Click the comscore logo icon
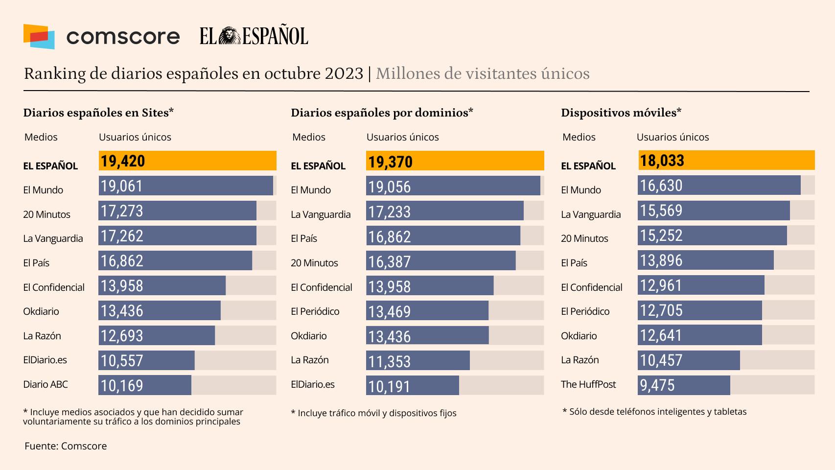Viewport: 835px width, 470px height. pyautogui.click(x=39, y=37)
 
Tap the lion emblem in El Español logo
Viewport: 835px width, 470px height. pyautogui.click(x=229, y=36)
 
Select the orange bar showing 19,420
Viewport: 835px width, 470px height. pyautogui.click(x=187, y=161)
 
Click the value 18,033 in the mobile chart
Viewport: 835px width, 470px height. pyautogui.click(x=662, y=161)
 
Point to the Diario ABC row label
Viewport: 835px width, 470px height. pyautogui.click(x=46, y=384)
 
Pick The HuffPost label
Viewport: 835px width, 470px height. pyautogui.click(x=588, y=384)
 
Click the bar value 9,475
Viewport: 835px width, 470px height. pyautogui.click(x=657, y=385)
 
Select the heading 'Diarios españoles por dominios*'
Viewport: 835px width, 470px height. pyautogui.click(x=382, y=113)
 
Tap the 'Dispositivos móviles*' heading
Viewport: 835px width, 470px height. pyautogui.click(x=621, y=113)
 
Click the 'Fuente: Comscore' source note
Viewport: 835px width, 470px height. pyautogui.click(x=66, y=446)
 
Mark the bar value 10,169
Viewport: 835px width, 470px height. pyautogui.click(x=122, y=386)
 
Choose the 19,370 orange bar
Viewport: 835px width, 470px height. pyautogui.click(x=455, y=161)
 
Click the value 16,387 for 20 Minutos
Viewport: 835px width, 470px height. pyautogui.click(x=390, y=262)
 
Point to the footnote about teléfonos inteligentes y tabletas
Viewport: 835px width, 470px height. pyautogui.click(x=654, y=412)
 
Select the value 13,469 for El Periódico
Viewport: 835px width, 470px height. pyautogui.click(x=390, y=312)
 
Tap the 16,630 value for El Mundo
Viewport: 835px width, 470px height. pyautogui.click(x=661, y=186)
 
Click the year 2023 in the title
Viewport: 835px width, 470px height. pyautogui.click(x=344, y=73)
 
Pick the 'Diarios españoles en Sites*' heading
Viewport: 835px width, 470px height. pyautogui.click(x=98, y=113)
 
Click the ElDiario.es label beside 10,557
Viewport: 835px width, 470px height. pyautogui.click(x=45, y=360)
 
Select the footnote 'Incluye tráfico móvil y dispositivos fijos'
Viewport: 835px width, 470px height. pyautogui.click(x=373, y=413)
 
